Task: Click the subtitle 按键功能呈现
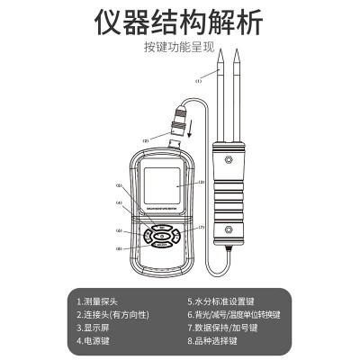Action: [x=179, y=47]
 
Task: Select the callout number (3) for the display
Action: [x=201, y=182]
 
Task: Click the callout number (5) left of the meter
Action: [x=118, y=186]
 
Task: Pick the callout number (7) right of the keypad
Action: [x=201, y=227]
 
